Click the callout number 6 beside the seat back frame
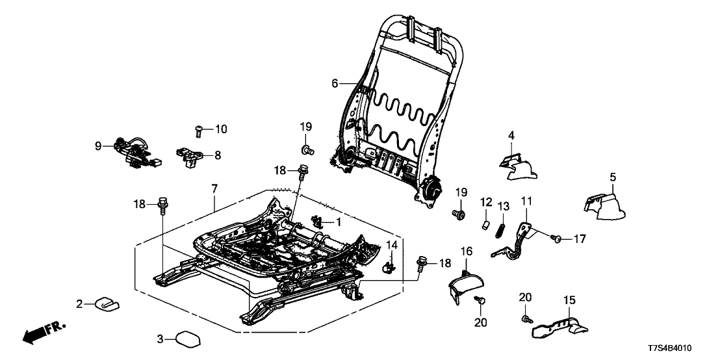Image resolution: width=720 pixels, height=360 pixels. [335, 83]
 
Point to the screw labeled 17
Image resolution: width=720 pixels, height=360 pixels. [557, 240]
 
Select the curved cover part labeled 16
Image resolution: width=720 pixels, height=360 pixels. [468, 285]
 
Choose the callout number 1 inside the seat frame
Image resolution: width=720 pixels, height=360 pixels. [337, 222]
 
